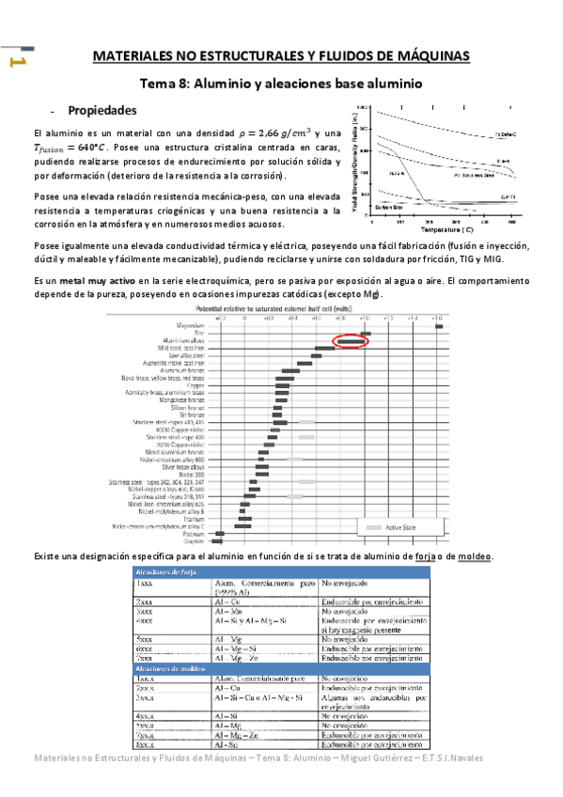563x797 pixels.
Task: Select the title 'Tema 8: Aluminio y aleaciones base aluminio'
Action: pos(281,83)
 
